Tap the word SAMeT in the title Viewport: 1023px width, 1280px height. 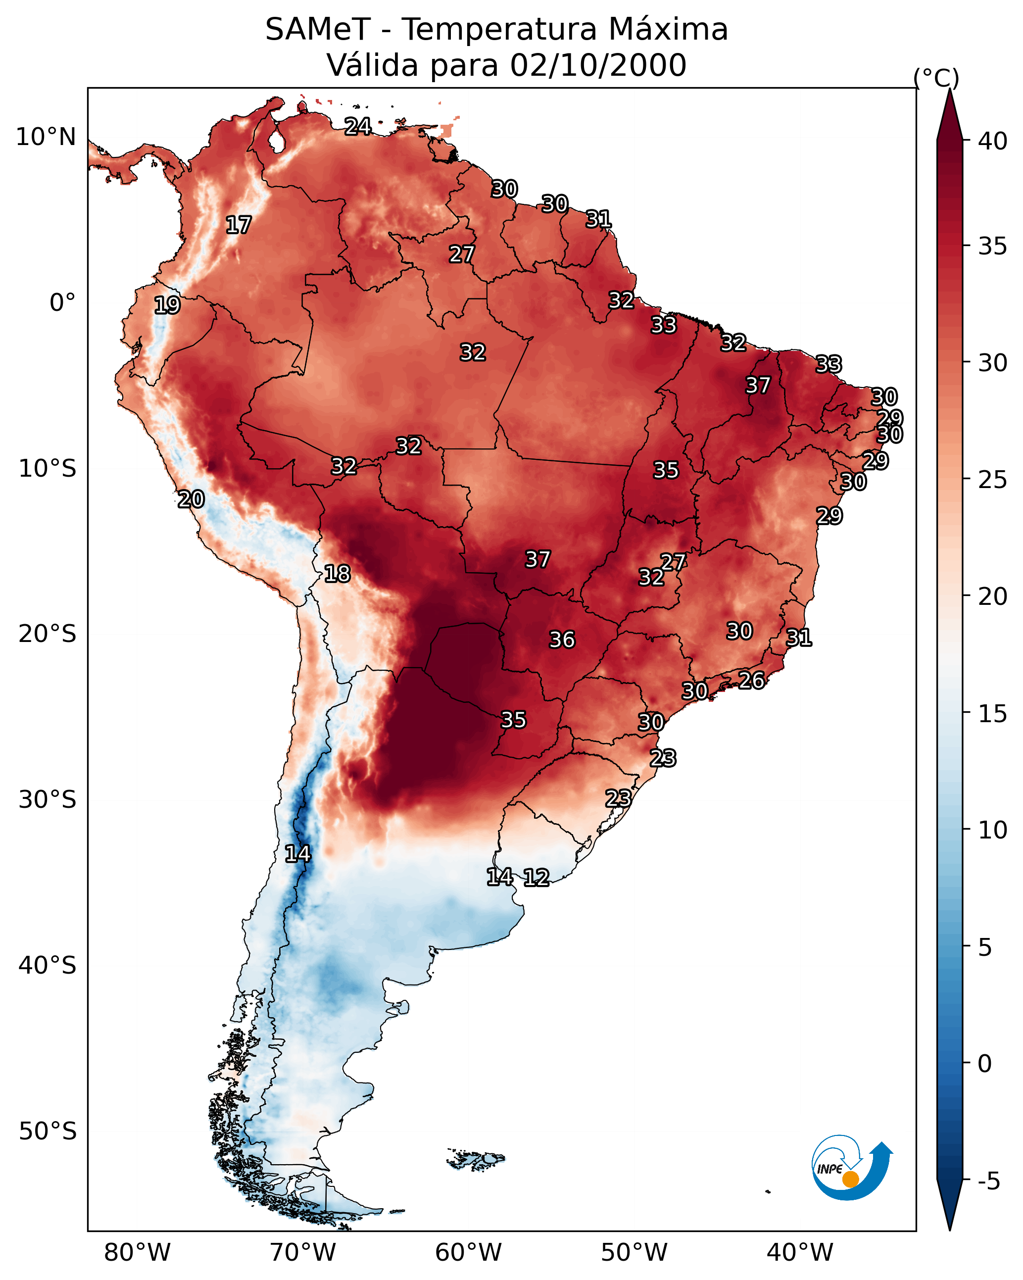(x=318, y=29)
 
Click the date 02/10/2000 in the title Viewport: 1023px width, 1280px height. (x=598, y=65)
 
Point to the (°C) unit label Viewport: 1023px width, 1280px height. (x=936, y=78)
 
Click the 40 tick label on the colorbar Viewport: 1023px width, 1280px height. (x=992, y=141)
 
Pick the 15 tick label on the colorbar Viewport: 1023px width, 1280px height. (x=992, y=714)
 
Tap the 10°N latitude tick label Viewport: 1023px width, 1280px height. (x=46, y=137)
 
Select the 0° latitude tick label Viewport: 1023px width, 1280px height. (x=62, y=303)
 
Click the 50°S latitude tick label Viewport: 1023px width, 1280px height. (x=48, y=1132)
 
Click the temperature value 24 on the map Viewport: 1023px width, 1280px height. (x=358, y=126)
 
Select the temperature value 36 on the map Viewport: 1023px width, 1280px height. (x=562, y=640)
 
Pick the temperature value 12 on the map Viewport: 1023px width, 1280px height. (x=536, y=878)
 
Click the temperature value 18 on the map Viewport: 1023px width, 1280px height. (x=337, y=574)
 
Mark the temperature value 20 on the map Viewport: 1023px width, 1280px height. (x=191, y=499)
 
